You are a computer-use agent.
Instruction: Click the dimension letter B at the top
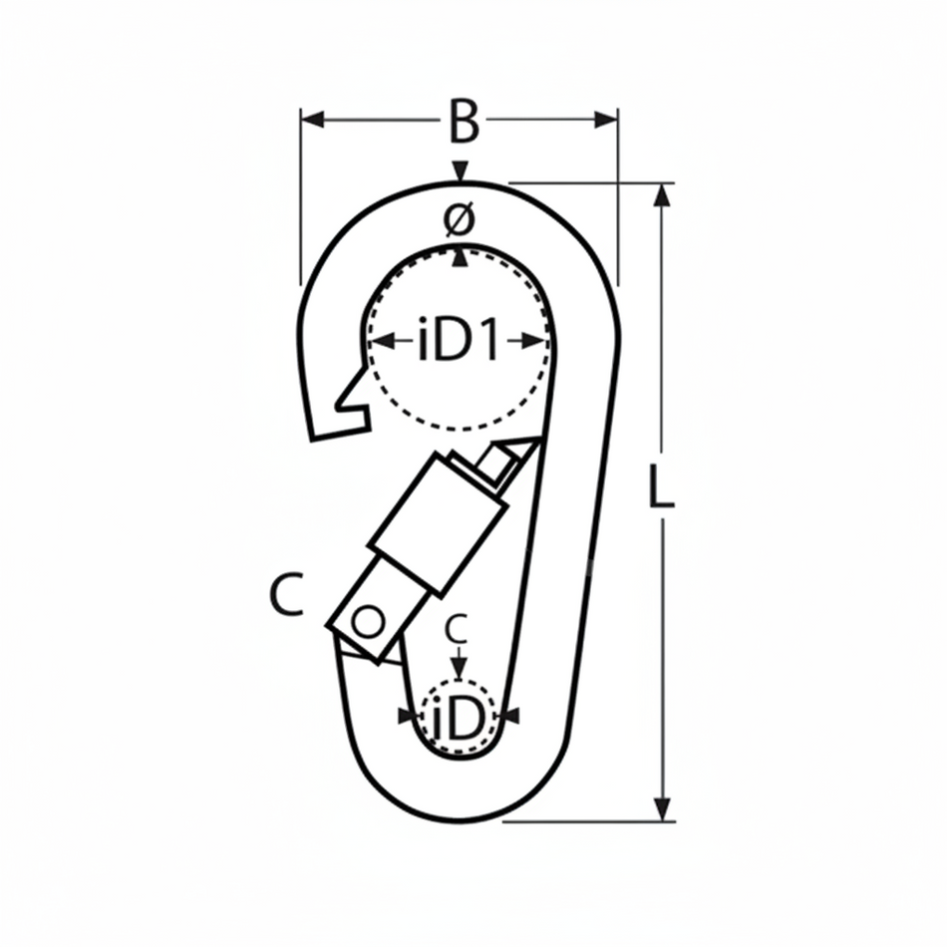461,122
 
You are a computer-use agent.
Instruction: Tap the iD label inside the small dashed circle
458,717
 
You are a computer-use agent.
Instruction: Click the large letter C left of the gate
287,595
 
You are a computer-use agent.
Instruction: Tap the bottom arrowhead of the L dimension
661,809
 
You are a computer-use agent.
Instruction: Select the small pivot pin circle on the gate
368,623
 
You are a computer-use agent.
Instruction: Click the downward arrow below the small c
458,672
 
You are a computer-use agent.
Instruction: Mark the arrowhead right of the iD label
510,715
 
